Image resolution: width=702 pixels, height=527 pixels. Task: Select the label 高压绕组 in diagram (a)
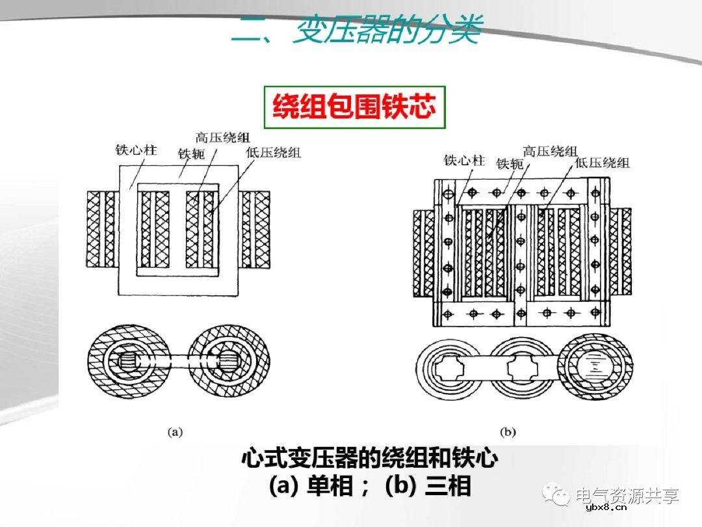(222, 137)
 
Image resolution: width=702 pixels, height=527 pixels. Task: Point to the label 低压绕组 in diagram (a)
(274, 153)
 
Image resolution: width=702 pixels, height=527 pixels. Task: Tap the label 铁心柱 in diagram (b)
(464, 159)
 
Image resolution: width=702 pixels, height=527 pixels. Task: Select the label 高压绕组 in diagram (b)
(550, 151)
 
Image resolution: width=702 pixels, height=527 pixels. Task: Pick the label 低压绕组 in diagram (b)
(603, 163)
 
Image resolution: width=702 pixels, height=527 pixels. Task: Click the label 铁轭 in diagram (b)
(510, 164)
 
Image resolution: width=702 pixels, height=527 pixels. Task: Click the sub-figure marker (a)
(175, 431)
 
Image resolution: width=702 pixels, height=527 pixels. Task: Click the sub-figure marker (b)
(508, 431)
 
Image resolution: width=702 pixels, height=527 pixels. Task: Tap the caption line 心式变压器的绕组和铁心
(369, 459)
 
